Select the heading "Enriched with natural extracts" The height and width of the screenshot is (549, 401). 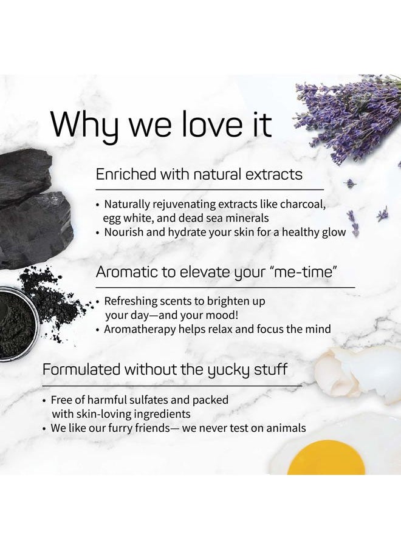[x=199, y=174]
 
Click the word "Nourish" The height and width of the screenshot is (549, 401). [x=126, y=231]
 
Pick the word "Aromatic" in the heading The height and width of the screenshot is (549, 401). [x=124, y=272]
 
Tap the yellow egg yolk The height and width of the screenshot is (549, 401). [x=326, y=460]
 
